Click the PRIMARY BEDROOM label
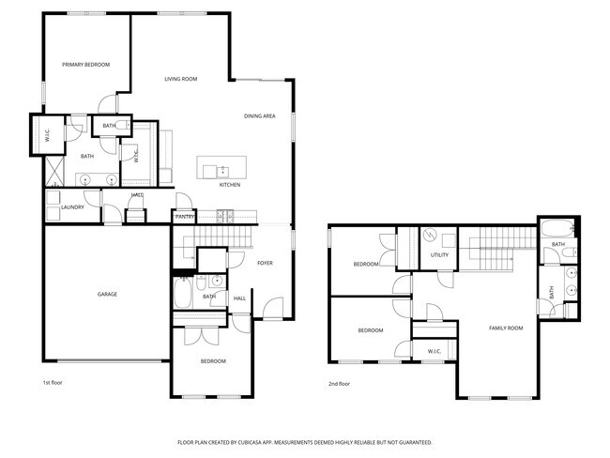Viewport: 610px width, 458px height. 86,65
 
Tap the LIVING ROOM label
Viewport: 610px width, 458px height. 180,79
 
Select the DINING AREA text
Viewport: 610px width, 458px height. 259,115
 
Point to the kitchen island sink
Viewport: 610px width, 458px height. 223,170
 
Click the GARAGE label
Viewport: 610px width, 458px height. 107,295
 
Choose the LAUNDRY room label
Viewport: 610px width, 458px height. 73,207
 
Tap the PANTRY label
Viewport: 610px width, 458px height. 185,217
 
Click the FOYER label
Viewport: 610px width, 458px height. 266,264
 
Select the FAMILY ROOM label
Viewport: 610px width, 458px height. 506,328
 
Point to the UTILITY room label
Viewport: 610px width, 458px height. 439,255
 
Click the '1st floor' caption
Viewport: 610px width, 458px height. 53,383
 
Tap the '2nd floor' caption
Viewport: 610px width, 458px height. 339,383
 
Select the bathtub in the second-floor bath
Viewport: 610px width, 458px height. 556,227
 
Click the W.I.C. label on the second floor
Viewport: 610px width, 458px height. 435,352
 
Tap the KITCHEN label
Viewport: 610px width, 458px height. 230,185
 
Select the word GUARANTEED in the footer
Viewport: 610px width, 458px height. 412,441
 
